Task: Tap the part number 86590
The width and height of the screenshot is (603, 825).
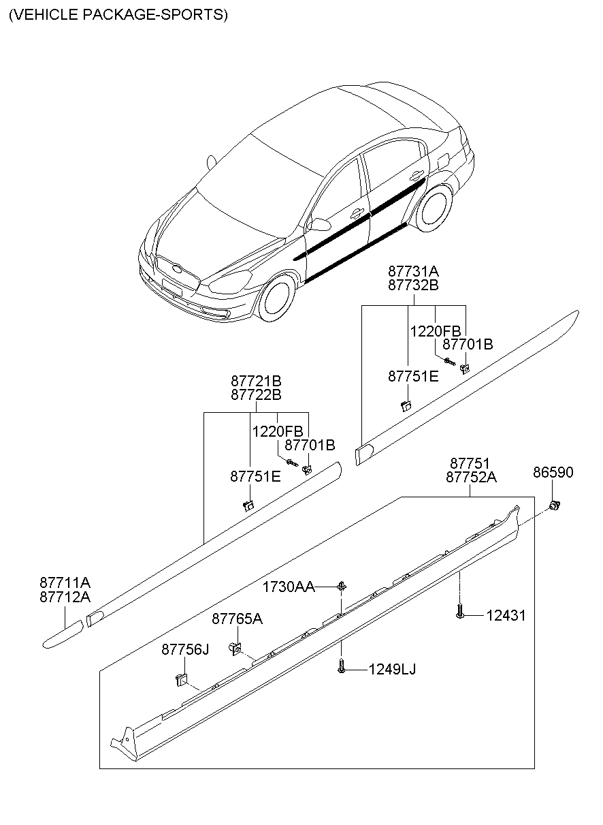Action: (553, 472)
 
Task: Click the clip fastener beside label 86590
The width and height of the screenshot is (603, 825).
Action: (555, 505)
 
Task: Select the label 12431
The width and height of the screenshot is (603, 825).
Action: (506, 615)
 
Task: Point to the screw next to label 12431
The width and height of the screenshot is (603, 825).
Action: (460, 612)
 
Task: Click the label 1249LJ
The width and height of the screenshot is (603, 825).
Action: (392, 670)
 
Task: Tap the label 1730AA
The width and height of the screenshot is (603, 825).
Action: (289, 587)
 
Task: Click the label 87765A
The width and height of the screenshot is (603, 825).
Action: (237, 619)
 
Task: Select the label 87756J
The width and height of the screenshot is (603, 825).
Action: (185, 650)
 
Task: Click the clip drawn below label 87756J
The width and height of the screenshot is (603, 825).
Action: (180, 679)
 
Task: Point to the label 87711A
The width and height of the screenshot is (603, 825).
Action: (65, 583)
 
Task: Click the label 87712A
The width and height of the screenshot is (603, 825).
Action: (65, 597)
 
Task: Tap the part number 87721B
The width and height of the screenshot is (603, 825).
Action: (256, 380)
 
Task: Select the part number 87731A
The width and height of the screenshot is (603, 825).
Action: (413, 270)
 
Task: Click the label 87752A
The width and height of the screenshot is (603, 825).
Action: (471, 478)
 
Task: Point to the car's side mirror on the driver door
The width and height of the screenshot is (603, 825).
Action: (318, 223)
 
